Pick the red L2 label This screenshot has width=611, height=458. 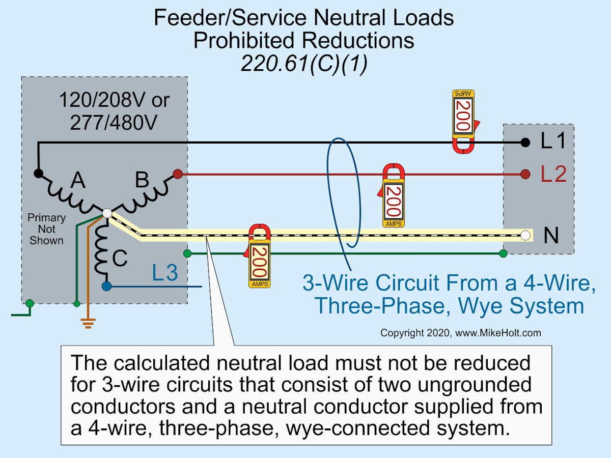click(553, 175)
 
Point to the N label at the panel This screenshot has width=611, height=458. click(551, 236)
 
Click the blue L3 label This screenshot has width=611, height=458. click(165, 274)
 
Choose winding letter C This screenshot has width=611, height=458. click(120, 259)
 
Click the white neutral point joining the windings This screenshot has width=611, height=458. click(107, 214)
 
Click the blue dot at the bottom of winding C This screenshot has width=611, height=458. click(106, 287)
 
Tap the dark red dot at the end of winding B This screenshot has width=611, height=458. click(178, 175)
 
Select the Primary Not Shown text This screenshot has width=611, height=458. click(46, 229)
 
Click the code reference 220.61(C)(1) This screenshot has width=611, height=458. click(303, 65)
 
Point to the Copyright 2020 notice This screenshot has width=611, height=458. click(460, 333)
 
